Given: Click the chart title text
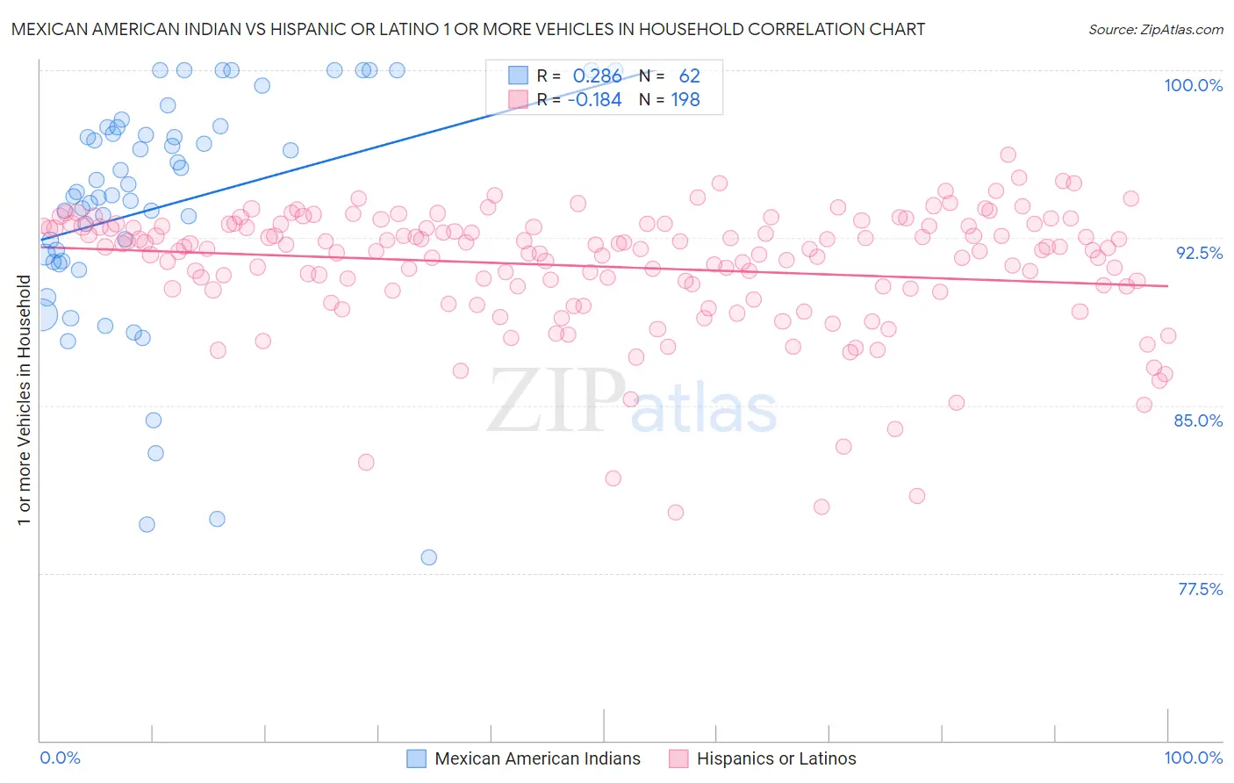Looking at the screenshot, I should [x=468, y=29].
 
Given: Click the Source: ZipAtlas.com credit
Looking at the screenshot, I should [x=1155, y=29].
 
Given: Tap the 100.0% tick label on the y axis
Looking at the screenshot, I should [x=1193, y=85].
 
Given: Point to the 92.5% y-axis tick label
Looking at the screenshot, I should [x=1199, y=253].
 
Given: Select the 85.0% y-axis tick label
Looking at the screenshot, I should [x=1198, y=420].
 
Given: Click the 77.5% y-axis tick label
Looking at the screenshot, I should [x=1200, y=589].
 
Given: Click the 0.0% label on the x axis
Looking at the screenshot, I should [x=60, y=758].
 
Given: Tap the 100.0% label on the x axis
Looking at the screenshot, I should [x=1193, y=758].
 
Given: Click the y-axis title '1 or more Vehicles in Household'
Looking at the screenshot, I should [x=24, y=400].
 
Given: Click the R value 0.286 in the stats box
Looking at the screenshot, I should [x=597, y=76].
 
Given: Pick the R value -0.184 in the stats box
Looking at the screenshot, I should [x=594, y=99].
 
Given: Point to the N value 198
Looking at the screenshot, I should [x=685, y=99].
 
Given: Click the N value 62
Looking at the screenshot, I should [x=689, y=76].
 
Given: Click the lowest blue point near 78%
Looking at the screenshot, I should [x=429, y=557].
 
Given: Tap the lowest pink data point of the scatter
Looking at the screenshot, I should [x=676, y=513].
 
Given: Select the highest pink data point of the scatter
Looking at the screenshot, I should [x=1008, y=154].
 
